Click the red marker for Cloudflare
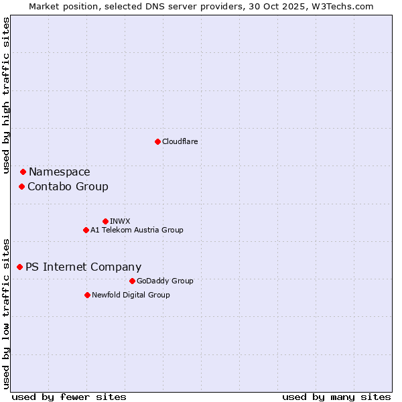157,141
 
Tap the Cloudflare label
180,141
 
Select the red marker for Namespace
23,172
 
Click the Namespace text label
59,172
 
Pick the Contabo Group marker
21,186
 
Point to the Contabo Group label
68,186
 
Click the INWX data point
105,221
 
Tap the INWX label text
120,221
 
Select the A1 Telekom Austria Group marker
86,230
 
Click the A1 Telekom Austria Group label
137,230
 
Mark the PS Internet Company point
19,267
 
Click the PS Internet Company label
83,267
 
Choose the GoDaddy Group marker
132,281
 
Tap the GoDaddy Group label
165,281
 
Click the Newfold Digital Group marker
87,295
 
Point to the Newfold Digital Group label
131,295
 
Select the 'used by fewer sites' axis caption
69,397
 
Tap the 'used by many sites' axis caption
336,397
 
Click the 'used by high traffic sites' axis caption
7,96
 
